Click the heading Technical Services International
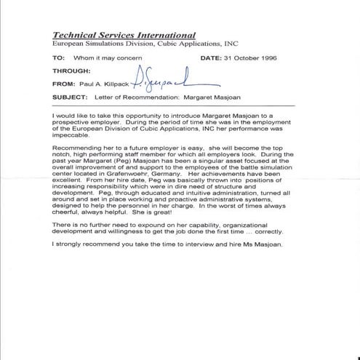124,34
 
